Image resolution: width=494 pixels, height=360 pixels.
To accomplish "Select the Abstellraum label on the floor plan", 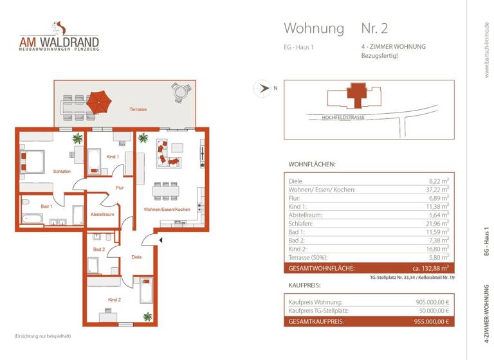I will (x=102, y=214).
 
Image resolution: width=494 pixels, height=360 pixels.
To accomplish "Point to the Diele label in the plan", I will (x=136, y=256).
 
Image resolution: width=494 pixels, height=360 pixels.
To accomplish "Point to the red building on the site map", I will (x=356, y=96).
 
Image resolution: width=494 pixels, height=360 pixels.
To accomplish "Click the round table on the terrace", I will (x=181, y=94).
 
